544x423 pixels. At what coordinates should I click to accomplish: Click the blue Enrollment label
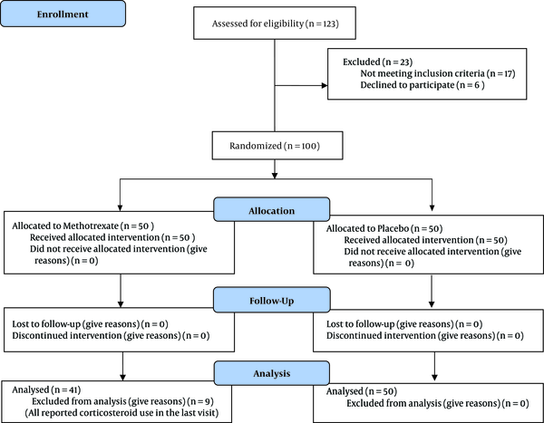[63, 14]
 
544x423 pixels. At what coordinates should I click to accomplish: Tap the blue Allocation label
[272, 209]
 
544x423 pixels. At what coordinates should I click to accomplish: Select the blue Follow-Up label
[272, 300]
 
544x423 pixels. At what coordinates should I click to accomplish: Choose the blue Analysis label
[272, 373]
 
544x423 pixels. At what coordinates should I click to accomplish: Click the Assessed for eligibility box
[275, 23]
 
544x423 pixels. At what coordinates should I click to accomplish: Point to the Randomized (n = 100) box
[277, 145]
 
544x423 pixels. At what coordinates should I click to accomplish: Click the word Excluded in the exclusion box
[362, 62]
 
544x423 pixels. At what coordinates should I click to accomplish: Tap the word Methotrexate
[91, 226]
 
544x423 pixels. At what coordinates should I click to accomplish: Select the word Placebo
[393, 228]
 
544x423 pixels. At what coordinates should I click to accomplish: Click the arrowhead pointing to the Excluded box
[325, 85]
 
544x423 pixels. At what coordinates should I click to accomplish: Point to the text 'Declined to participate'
[407, 85]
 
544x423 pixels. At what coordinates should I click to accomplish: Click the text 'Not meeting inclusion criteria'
[423, 73]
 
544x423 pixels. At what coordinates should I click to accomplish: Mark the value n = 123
[323, 24]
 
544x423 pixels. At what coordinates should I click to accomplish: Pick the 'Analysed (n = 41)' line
[46, 389]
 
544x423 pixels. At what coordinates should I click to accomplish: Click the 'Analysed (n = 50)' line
[362, 391]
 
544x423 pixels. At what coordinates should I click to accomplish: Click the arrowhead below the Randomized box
[275, 176]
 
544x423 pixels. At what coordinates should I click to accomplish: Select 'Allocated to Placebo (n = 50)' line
[384, 228]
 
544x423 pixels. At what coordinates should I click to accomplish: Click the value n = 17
[501, 73]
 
